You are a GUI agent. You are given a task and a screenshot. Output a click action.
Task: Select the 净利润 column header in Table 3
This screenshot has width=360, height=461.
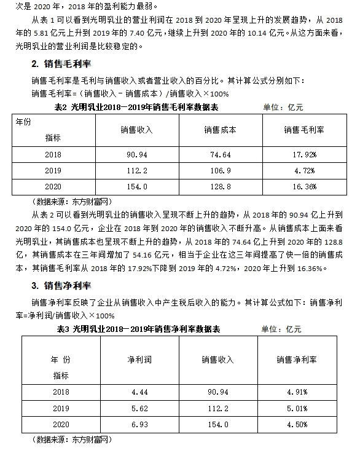click(138, 359)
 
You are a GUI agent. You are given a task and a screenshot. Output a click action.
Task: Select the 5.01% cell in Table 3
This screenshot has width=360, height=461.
click(295, 408)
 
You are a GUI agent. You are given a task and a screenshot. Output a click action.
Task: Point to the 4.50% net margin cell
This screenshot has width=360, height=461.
click(295, 424)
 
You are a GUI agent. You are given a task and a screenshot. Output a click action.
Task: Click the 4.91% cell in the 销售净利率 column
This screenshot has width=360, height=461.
click(295, 392)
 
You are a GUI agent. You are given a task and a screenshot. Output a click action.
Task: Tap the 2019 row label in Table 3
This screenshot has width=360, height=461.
click(61, 408)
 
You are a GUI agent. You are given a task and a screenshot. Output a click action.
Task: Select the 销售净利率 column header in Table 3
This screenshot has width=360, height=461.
click(296, 359)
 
